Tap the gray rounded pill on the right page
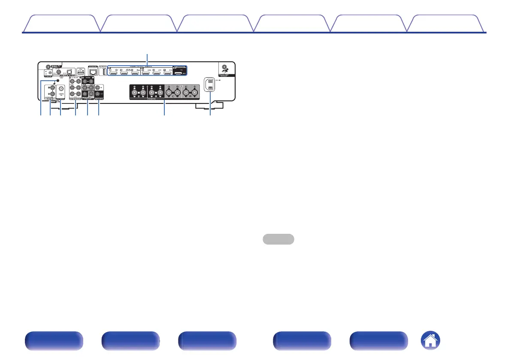278,239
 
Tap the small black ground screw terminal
57,81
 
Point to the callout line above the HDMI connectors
148,58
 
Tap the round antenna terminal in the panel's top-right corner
223,67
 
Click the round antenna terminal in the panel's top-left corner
48,67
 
